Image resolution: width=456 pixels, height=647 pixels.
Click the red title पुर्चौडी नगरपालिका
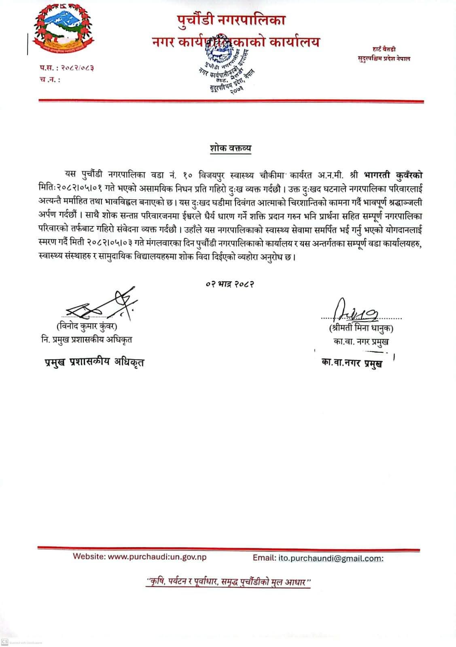point(231,19)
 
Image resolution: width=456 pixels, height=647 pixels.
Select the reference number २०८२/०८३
point(76,68)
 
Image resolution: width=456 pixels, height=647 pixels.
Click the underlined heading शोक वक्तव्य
point(230,148)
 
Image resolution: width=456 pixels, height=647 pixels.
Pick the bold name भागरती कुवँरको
point(393,175)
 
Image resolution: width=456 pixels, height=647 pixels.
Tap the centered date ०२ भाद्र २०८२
point(229,284)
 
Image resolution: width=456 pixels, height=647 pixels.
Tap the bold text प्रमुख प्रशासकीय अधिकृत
point(94,362)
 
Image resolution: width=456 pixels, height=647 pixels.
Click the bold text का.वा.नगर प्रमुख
point(352,363)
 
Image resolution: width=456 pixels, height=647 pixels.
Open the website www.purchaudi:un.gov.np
point(157,556)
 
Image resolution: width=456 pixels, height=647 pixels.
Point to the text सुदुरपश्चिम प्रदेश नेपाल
point(384,59)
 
